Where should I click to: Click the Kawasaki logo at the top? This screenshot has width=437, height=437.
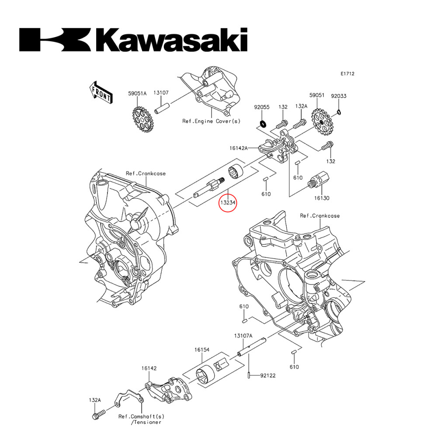click(x=133, y=40)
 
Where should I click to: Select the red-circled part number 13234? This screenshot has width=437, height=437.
click(x=228, y=203)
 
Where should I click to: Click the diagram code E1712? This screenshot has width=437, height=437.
click(x=348, y=74)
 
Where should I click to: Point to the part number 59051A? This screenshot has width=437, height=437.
click(x=137, y=93)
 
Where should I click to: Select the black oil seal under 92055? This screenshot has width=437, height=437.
click(x=263, y=123)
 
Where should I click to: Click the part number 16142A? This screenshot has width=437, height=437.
click(x=239, y=149)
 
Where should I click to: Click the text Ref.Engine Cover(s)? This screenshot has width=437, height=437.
click(x=211, y=121)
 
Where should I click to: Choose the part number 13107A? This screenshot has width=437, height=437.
click(x=243, y=336)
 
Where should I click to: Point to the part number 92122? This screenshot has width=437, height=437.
click(x=268, y=375)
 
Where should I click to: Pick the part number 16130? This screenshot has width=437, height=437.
click(x=321, y=198)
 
